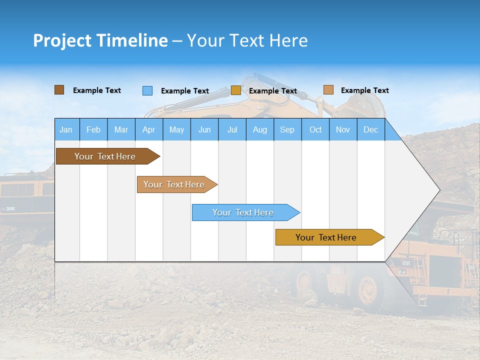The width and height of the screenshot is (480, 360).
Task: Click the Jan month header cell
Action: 66,129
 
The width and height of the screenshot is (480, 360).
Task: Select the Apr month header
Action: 148,129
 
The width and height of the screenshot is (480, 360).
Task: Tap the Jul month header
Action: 232,129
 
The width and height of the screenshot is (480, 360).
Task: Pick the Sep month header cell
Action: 287,129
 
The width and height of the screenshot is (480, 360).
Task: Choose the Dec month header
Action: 370,129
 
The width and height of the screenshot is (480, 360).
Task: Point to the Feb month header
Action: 93,129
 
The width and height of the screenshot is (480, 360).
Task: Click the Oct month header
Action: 315,129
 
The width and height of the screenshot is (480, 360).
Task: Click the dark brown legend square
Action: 59,90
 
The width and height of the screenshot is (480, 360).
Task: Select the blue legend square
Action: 147,90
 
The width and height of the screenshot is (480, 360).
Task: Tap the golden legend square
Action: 235,90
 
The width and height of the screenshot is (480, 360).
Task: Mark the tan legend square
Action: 328,90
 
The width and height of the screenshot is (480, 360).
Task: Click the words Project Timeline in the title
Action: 100,40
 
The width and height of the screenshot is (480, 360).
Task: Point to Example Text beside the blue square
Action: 184,91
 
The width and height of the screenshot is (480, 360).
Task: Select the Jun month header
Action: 204,129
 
